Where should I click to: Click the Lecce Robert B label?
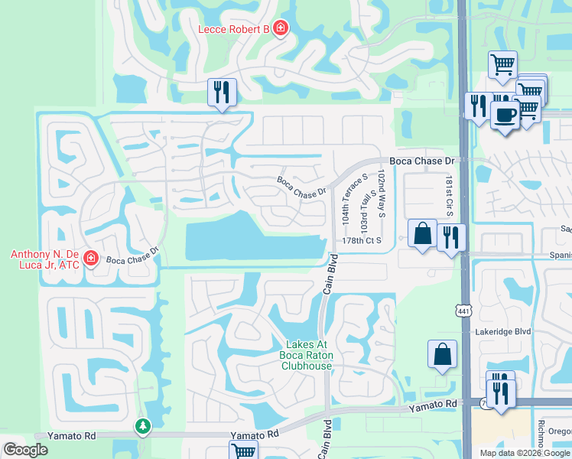click(x=233, y=29)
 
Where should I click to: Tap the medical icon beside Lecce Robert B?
click(x=281, y=29)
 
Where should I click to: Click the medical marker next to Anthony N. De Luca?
click(x=91, y=259)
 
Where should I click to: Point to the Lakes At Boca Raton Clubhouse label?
click(x=307, y=355)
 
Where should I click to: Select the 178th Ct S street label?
click(x=360, y=240)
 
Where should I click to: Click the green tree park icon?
click(x=142, y=426)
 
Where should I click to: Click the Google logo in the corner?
click(x=25, y=449)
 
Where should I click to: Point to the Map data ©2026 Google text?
click(x=525, y=453)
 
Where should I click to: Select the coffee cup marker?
click(x=504, y=115)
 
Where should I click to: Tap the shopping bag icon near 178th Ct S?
click(x=422, y=233)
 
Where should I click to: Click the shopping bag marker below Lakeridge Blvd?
click(x=442, y=353)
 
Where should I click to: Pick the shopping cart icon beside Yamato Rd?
click(x=244, y=451)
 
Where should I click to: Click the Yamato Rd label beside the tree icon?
click(x=71, y=435)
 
